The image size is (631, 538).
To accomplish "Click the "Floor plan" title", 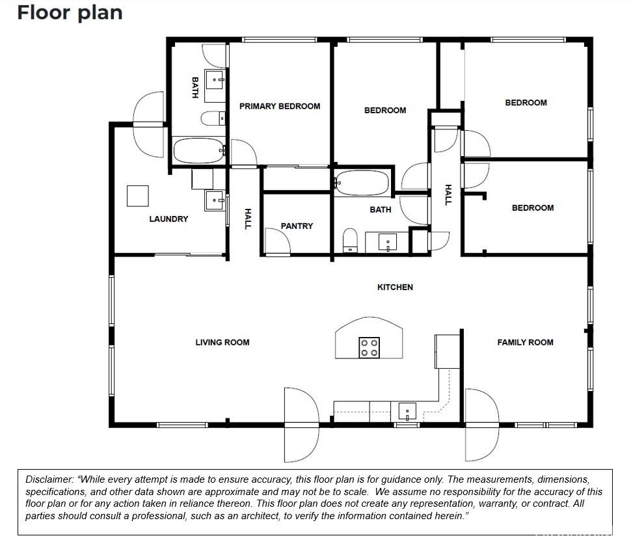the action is point(70,13).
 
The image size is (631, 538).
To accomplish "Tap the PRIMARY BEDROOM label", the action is point(280,106).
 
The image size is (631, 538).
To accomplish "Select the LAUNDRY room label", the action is point(168,219).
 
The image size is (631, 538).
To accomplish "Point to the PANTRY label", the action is point(297,226).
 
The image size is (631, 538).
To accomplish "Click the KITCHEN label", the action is point(395,288).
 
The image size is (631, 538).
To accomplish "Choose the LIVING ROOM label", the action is point(222,342).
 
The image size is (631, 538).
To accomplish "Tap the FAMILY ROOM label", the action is point(525,342).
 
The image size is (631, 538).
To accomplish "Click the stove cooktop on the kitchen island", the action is point(369,347).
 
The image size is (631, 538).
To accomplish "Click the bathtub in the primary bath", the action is point(198,150).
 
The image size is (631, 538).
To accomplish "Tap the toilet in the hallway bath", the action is point(350,241).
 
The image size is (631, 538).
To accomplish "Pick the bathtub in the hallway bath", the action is point(362,183).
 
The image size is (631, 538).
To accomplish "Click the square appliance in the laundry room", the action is point(138,196).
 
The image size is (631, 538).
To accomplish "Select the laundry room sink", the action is point(215,200).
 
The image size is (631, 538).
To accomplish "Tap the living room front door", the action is point(302,425).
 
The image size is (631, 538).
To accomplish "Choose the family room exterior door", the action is point(482,425).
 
